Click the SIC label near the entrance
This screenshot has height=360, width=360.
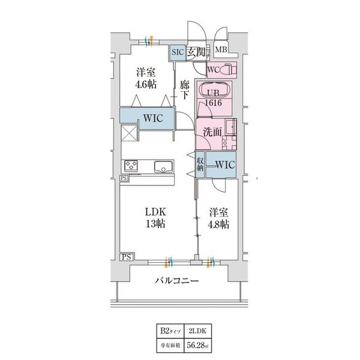click(178, 52)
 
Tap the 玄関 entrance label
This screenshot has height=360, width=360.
click(196, 52)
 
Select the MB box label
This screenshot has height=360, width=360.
click(220, 50)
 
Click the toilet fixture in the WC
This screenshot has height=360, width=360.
click(232, 70)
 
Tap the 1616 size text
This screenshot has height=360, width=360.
click(215, 103)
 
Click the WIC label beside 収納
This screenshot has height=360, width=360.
click(224, 164)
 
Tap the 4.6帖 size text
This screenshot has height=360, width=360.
click(146, 84)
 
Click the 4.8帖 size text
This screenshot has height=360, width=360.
click(218, 224)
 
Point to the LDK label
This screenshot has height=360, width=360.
click(154, 212)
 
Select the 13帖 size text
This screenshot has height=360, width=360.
click(154, 224)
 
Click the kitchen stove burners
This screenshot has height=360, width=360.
click(131, 166)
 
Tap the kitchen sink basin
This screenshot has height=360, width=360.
click(163, 166)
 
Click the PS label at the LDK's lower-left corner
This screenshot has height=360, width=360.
click(126, 257)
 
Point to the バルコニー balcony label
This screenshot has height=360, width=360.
click(178, 280)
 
